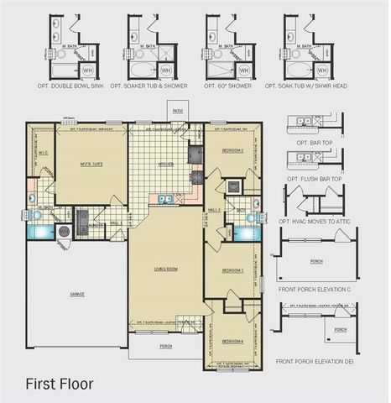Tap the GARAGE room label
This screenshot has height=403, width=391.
(76, 294)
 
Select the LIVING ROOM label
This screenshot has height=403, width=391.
(165, 270)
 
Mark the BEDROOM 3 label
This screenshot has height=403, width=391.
(232, 270)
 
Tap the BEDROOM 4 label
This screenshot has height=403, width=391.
(232, 341)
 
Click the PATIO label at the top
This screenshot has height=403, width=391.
(177, 110)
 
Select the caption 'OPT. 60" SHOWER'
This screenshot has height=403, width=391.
(224, 86)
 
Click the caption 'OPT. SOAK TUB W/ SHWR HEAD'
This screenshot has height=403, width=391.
(305, 86)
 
